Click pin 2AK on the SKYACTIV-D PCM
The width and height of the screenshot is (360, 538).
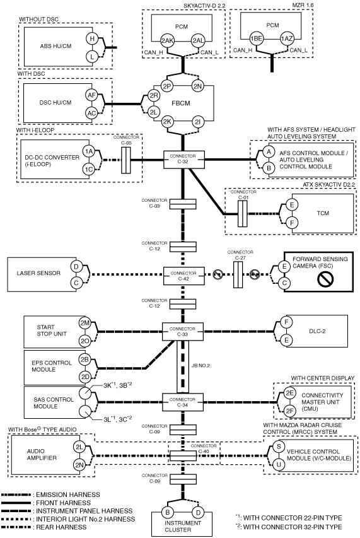(x=168, y=40)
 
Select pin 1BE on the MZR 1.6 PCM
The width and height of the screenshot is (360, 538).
(x=256, y=38)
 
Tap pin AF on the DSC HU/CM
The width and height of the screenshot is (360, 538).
(x=91, y=95)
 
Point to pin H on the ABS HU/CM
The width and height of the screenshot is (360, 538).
(x=92, y=38)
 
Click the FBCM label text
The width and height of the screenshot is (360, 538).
(x=181, y=103)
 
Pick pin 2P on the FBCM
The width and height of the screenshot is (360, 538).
(x=167, y=86)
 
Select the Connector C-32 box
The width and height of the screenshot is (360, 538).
(x=183, y=159)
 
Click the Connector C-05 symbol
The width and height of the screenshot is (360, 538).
(x=126, y=160)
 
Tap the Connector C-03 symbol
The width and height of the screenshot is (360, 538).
(x=183, y=204)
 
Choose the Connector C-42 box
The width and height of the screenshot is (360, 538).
(x=183, y=276)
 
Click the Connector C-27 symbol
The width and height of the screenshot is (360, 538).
(x=238, y=274)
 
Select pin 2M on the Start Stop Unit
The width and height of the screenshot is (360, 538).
(x=84, y=323)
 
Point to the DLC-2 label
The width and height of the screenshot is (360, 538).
(x=317, y=332)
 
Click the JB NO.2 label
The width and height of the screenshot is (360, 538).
(x=200, y=366)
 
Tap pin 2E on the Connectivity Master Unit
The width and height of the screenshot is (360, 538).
(x=290, y=393)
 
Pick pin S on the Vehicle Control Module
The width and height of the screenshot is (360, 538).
(x=279, y=447)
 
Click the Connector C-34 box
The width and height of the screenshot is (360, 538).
(x=182, y=402)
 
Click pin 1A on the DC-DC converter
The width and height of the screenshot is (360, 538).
(x=88, y=151)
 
